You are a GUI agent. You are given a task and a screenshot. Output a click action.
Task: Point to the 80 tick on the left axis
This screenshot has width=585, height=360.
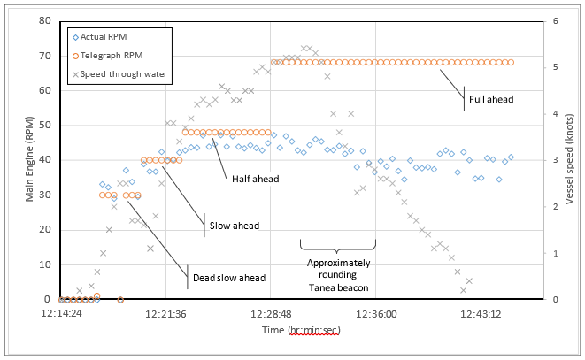pyautogui.click(x=46, y=20)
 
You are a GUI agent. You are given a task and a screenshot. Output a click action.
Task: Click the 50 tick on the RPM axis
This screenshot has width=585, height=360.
pyautogui.click(x=46, y=125)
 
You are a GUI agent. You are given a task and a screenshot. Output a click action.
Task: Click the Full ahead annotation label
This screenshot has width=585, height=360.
pyautogui.click(x=489, y=99)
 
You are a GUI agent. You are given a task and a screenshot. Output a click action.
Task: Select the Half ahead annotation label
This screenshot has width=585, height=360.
pyautogui.click(x=255, y=179)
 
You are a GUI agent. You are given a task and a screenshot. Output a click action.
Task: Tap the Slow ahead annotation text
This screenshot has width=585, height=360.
pyautogui.click(x=234, y=226)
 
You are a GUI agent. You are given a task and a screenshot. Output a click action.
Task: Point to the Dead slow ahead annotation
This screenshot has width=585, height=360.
pyautogui.click(x=228, y=279)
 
